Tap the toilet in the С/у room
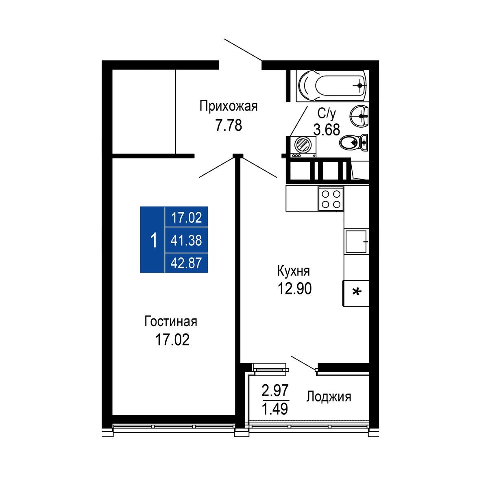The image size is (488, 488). point(353,142)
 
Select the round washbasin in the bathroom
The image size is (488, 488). point(359,116)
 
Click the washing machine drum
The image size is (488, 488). point(303,145)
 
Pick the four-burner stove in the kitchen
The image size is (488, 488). point(331,199)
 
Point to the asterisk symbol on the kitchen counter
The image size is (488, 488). point(357,292)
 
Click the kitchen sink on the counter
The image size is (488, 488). point(356,241)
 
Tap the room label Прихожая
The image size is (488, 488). point(229,106)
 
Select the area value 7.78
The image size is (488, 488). point(229,125)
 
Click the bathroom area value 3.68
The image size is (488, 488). point(327,130)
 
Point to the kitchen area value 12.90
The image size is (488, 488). point(295,288)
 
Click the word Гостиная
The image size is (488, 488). point(171,322)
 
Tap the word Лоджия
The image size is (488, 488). point(329,396)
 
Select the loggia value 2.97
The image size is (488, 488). point(275,390)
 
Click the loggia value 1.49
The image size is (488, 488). point(275,409)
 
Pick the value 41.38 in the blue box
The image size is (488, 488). point(186,240)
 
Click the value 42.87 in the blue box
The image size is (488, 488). point(186,263)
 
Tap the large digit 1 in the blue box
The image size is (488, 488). point(154,241)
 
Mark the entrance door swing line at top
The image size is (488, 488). point(243,50)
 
